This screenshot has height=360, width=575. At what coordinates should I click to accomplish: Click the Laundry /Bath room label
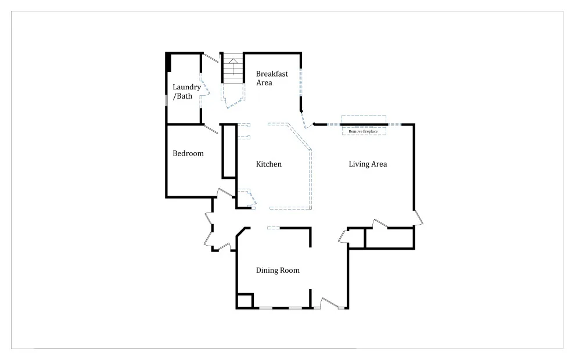coord(186,92)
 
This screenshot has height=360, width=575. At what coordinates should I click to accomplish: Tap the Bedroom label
coord(188,154)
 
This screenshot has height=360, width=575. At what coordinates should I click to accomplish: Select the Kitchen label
coord(269,164)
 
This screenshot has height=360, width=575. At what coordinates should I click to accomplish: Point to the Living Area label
coord(368,164)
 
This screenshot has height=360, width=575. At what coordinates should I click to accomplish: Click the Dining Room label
coord(278,271)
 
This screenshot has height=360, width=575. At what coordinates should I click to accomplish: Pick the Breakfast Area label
coord(272,78)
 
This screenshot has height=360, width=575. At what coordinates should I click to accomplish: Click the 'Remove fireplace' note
coord(363,131)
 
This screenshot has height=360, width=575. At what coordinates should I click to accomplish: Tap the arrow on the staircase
coord(233,66)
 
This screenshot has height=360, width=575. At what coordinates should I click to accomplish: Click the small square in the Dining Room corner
coord(245,301)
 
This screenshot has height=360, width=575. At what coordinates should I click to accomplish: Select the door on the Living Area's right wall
coord(418,217)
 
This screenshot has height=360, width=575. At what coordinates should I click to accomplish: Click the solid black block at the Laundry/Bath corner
coord(168,62)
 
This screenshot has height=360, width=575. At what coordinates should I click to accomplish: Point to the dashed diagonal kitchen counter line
coord(299,136)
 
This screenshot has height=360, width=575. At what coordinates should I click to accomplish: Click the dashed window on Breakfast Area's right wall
coord(301,82)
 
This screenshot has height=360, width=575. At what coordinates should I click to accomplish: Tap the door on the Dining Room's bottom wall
coord(329,303)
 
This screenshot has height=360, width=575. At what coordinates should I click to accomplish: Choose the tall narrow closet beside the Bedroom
coord(229,151)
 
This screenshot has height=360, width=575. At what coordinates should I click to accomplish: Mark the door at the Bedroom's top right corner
coord(211,129)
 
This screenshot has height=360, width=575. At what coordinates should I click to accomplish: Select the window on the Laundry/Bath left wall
coord(167,100)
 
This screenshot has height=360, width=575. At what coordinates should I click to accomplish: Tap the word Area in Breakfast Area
coord(264,83)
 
